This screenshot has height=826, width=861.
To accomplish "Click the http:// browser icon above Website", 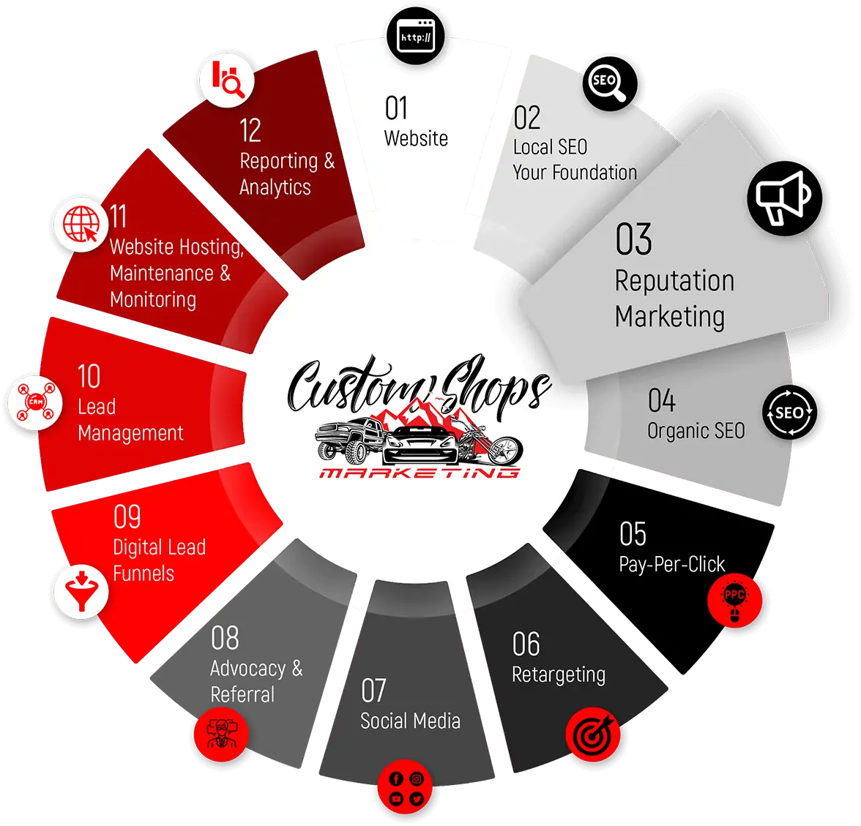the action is (416, 37).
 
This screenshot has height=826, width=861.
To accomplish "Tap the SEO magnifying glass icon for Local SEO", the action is (609, 83).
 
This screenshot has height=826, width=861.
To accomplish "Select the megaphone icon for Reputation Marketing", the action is (784, 198).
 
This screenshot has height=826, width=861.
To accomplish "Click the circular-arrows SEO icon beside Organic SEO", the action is (789, 412).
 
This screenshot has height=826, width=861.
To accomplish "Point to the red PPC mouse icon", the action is (735, 599).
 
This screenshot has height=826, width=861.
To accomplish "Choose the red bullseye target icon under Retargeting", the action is (593, 735).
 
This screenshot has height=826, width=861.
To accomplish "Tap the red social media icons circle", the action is (406, 787).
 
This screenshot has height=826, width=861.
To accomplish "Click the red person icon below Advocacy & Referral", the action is (221, 735).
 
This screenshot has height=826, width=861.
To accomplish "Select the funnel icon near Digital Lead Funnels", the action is (81, 591).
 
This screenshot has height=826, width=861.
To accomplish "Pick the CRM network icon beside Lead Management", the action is (36, 402).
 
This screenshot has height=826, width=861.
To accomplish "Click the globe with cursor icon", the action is (81, 224).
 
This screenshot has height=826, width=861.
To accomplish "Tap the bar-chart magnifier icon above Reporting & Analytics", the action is (227, 80).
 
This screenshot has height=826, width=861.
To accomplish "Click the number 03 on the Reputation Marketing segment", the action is (634, 239).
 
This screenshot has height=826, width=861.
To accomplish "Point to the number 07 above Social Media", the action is (373, 691).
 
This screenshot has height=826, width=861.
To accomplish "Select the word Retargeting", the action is (559, 675).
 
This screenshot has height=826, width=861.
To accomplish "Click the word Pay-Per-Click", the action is (671, 565).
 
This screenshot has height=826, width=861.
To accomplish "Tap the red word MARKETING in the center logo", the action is (420, 473).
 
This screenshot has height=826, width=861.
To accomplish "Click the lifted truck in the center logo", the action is (348, 439).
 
